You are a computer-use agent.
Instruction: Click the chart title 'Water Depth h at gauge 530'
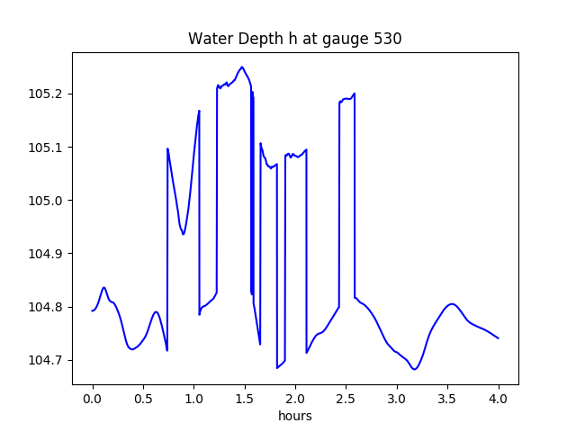[x=294, y=39]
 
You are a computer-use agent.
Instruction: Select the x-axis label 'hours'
[x=295, y=417]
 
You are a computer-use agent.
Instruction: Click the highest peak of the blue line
[x=242, y=67]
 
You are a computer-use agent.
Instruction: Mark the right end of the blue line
[x=499, y=338]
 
